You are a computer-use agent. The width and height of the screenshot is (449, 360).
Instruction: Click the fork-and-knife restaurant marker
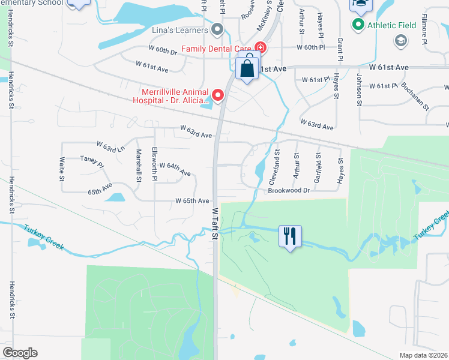pos(291,236)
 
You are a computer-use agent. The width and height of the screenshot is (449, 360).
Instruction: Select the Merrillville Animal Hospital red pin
pos(218,95)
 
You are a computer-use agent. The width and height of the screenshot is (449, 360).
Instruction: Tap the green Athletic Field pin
pos(358,25)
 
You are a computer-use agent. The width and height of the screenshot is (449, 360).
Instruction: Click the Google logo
pos(20,353)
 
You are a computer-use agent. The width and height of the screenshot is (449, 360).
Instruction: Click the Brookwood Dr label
pos(289,190)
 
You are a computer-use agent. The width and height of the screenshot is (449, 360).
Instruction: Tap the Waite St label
pos(61,169)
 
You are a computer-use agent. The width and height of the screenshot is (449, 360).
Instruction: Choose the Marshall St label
pos(138,166)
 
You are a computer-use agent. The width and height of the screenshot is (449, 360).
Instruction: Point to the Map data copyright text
pos(423,355)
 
